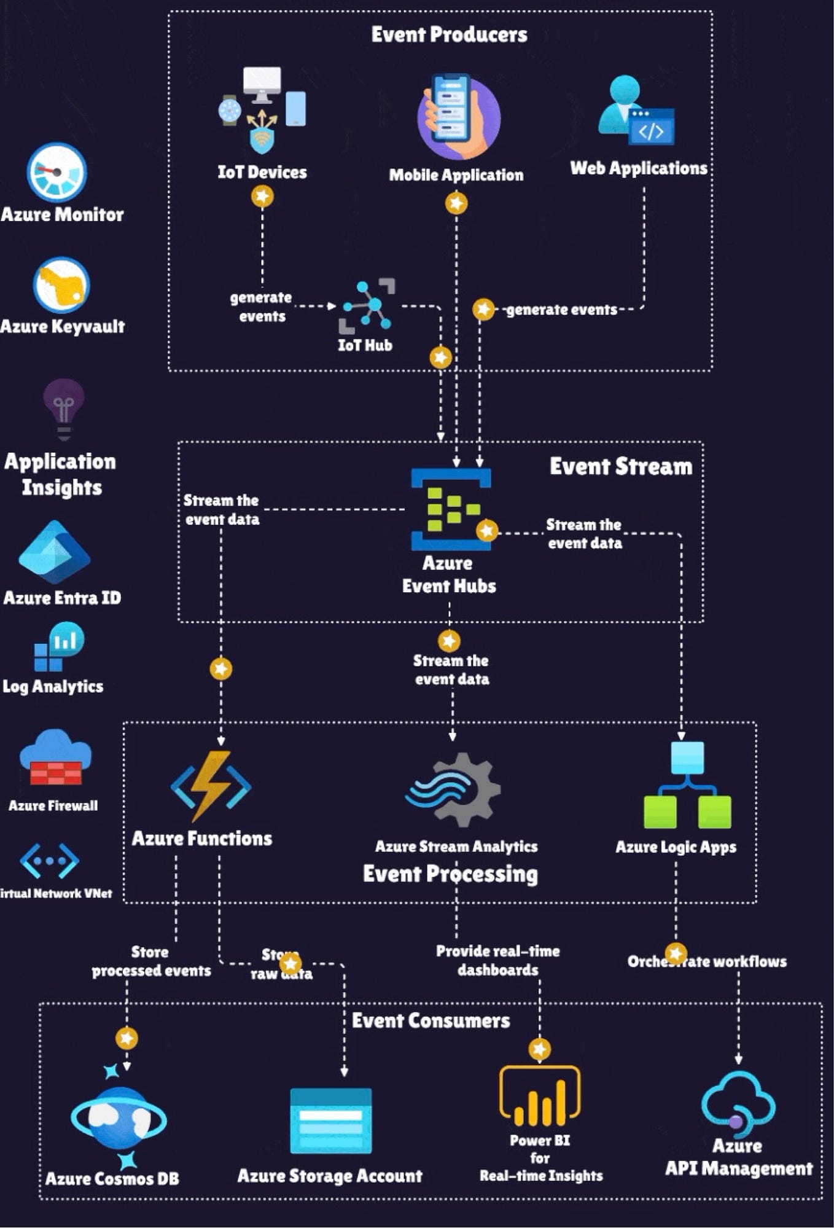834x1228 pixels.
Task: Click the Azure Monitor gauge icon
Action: coord(57,173)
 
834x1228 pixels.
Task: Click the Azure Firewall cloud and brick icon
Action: coord(55,757)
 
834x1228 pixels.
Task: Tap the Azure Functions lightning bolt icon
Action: coord(211,786)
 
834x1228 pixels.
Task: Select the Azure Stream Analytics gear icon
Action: coord(454,789)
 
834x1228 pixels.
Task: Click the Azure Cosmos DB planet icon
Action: coord(119,1118)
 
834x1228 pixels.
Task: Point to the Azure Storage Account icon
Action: coord(330,1120)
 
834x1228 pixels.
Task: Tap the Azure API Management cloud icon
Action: coord(738,1102)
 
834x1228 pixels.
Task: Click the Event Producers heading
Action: coord(449,35)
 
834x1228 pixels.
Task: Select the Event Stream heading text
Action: coord(620,466)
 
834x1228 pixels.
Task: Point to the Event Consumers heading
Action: coord(431,1020)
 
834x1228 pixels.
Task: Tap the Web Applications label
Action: coord(639,168)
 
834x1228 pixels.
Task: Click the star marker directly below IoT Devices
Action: coord(262,197)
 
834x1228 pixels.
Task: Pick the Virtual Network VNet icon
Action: coord(49,861)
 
